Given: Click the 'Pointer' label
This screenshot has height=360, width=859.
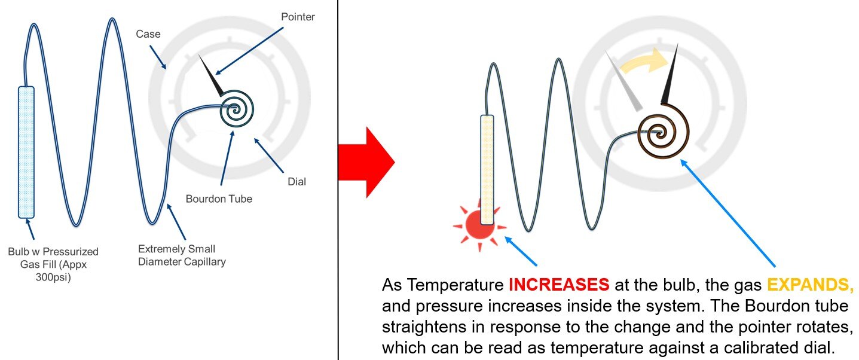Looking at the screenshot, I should tap(298, 17).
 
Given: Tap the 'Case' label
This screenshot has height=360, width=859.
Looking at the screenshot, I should tap(148, 34).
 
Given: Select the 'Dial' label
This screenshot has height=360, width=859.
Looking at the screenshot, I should tap(296, 181).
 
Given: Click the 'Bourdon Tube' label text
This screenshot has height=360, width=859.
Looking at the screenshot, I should tap(219, 199).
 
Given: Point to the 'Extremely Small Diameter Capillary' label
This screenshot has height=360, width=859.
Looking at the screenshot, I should tap(182, 255).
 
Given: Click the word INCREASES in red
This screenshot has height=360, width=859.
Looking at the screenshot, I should tap(559, 285).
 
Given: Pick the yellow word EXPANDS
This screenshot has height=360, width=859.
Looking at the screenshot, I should tap(810, 285).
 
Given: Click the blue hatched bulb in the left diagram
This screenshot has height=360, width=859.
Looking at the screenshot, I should tap(26, 152).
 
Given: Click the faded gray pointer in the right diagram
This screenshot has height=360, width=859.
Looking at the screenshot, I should tap(623, 80).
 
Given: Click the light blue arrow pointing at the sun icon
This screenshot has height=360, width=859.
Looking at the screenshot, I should tap(521, 251).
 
